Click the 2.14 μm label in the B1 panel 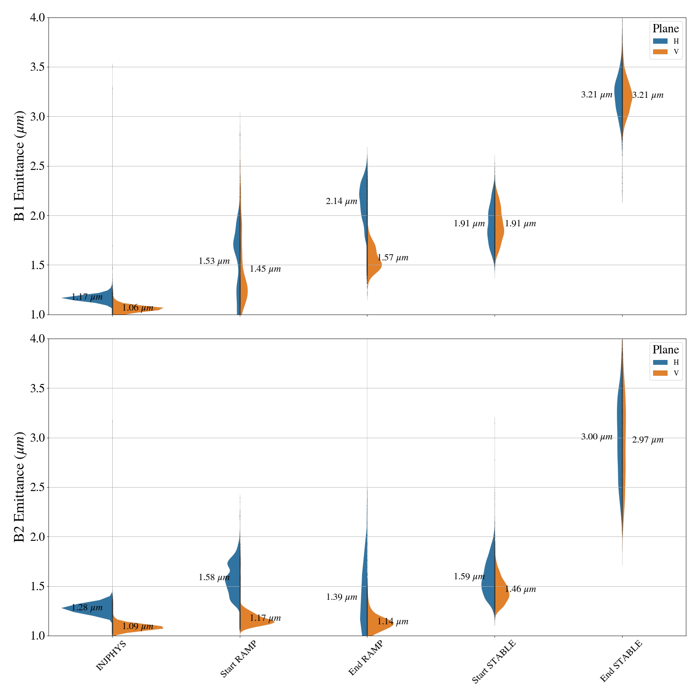[341, 201]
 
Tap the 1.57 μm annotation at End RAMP [393, 258]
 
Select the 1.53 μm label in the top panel [214, 261]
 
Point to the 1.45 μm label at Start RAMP [265, 269]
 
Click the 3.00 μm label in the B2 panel [597, 437]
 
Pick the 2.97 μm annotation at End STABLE [648, 440]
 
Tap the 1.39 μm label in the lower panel [342, 597]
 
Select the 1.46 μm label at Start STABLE [520, 589]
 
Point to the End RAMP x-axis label [366, 658]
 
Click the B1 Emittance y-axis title [20, 166]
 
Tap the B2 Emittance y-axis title [20, 487]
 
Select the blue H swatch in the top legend [660, 41]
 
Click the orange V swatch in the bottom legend [660, 373]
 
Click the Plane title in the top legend [665, 29]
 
